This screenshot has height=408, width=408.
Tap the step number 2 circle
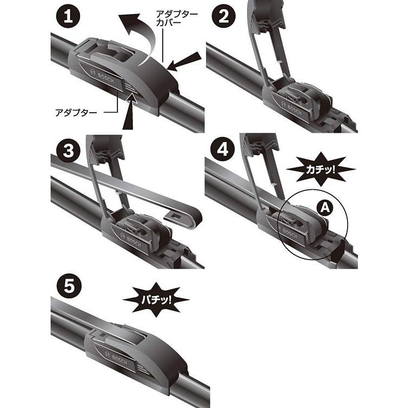coord(223,17)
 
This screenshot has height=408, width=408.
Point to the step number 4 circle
coord(223,150)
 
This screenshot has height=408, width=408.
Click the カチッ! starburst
coord(318,169)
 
